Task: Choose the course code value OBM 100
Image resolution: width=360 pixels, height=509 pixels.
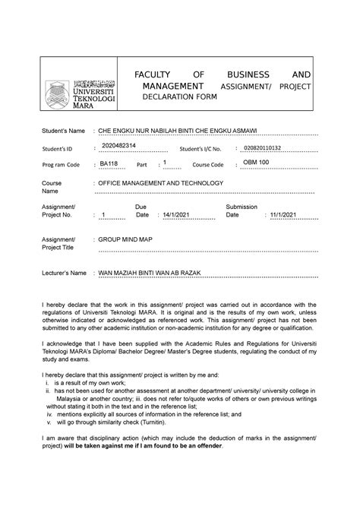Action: click(261, 163)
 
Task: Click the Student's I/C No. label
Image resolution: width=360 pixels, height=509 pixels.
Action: click(199, 148)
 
